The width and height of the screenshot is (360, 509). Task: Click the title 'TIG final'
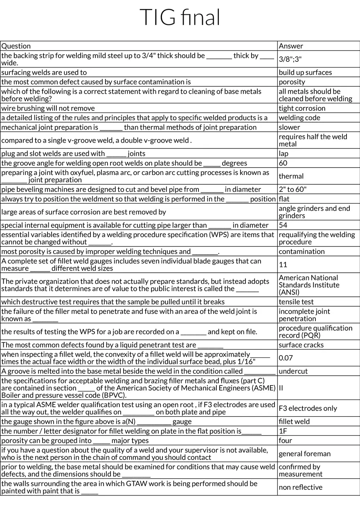180,18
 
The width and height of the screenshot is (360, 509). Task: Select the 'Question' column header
16,46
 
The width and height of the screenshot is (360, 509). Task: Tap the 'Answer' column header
291,46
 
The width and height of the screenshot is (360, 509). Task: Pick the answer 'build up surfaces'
305,72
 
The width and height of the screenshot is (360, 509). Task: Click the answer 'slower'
289,127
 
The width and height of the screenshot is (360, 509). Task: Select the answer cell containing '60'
283,163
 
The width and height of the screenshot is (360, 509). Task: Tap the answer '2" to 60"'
292,189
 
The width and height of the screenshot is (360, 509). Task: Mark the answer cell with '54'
283,225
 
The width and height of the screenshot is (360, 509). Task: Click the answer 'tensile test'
296,302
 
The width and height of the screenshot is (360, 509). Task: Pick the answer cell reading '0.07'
286,358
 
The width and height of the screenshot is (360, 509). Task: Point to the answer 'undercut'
293,371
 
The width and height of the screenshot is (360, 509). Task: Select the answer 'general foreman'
304,453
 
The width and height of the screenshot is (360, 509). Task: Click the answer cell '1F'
283,431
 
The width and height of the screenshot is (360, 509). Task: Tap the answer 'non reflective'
300,487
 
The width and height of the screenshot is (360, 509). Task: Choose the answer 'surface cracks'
301,345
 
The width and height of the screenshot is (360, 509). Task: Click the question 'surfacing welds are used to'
44,72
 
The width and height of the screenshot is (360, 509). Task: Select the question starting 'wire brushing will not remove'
48,108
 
